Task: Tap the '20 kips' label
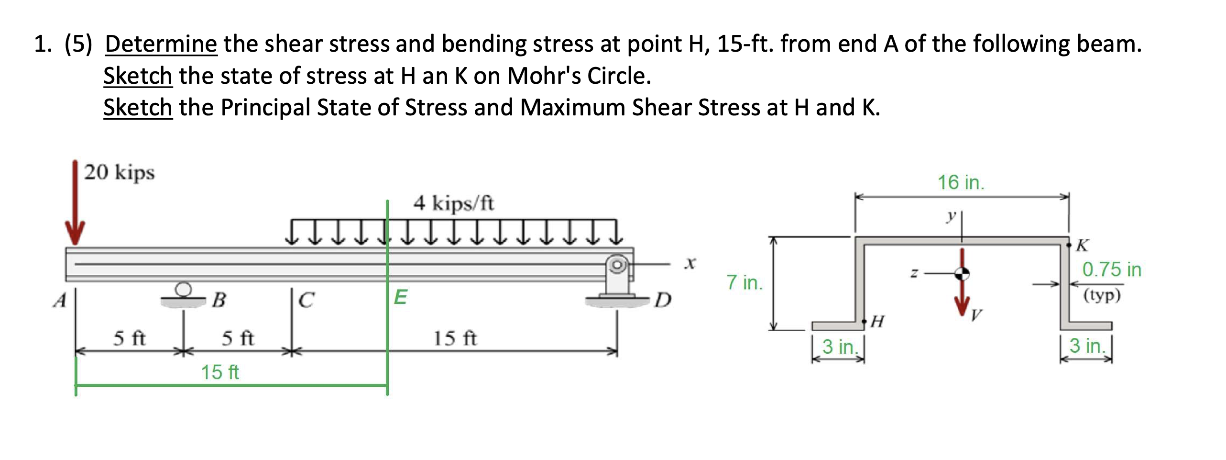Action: (x=119, y=172)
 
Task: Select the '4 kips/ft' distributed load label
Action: (x=453, y=203)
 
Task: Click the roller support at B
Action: (x=183, y=295)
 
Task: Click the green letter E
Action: (x=400, y=297)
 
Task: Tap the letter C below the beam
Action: (x=306, y=300)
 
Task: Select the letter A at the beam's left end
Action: (x=59, y=301)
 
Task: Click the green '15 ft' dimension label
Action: (x=219, y=372)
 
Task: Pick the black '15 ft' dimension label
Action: (x=455, y=338)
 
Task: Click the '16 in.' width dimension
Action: (x=961, y=182)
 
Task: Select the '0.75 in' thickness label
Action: (x=1111, y=269)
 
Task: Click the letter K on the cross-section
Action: (x=1082, y=246)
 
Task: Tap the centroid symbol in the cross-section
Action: (x=962, y=274)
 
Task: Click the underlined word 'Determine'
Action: (x=161, y=44)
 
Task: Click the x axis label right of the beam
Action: (x=690, y=263)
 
